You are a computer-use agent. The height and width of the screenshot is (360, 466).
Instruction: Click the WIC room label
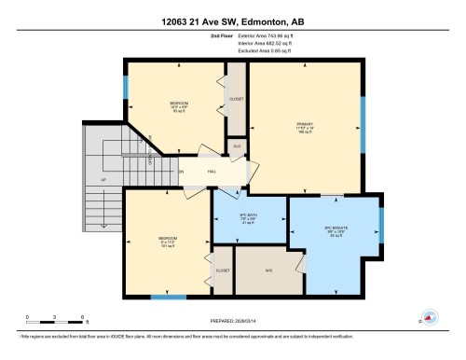(x=268, y=271)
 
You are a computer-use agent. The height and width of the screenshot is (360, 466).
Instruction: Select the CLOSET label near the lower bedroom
(x=223, y=270)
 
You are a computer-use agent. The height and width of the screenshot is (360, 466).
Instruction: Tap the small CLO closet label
(x=237, y=146)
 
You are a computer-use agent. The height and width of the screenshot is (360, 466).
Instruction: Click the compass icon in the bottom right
(x=430, y=317)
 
